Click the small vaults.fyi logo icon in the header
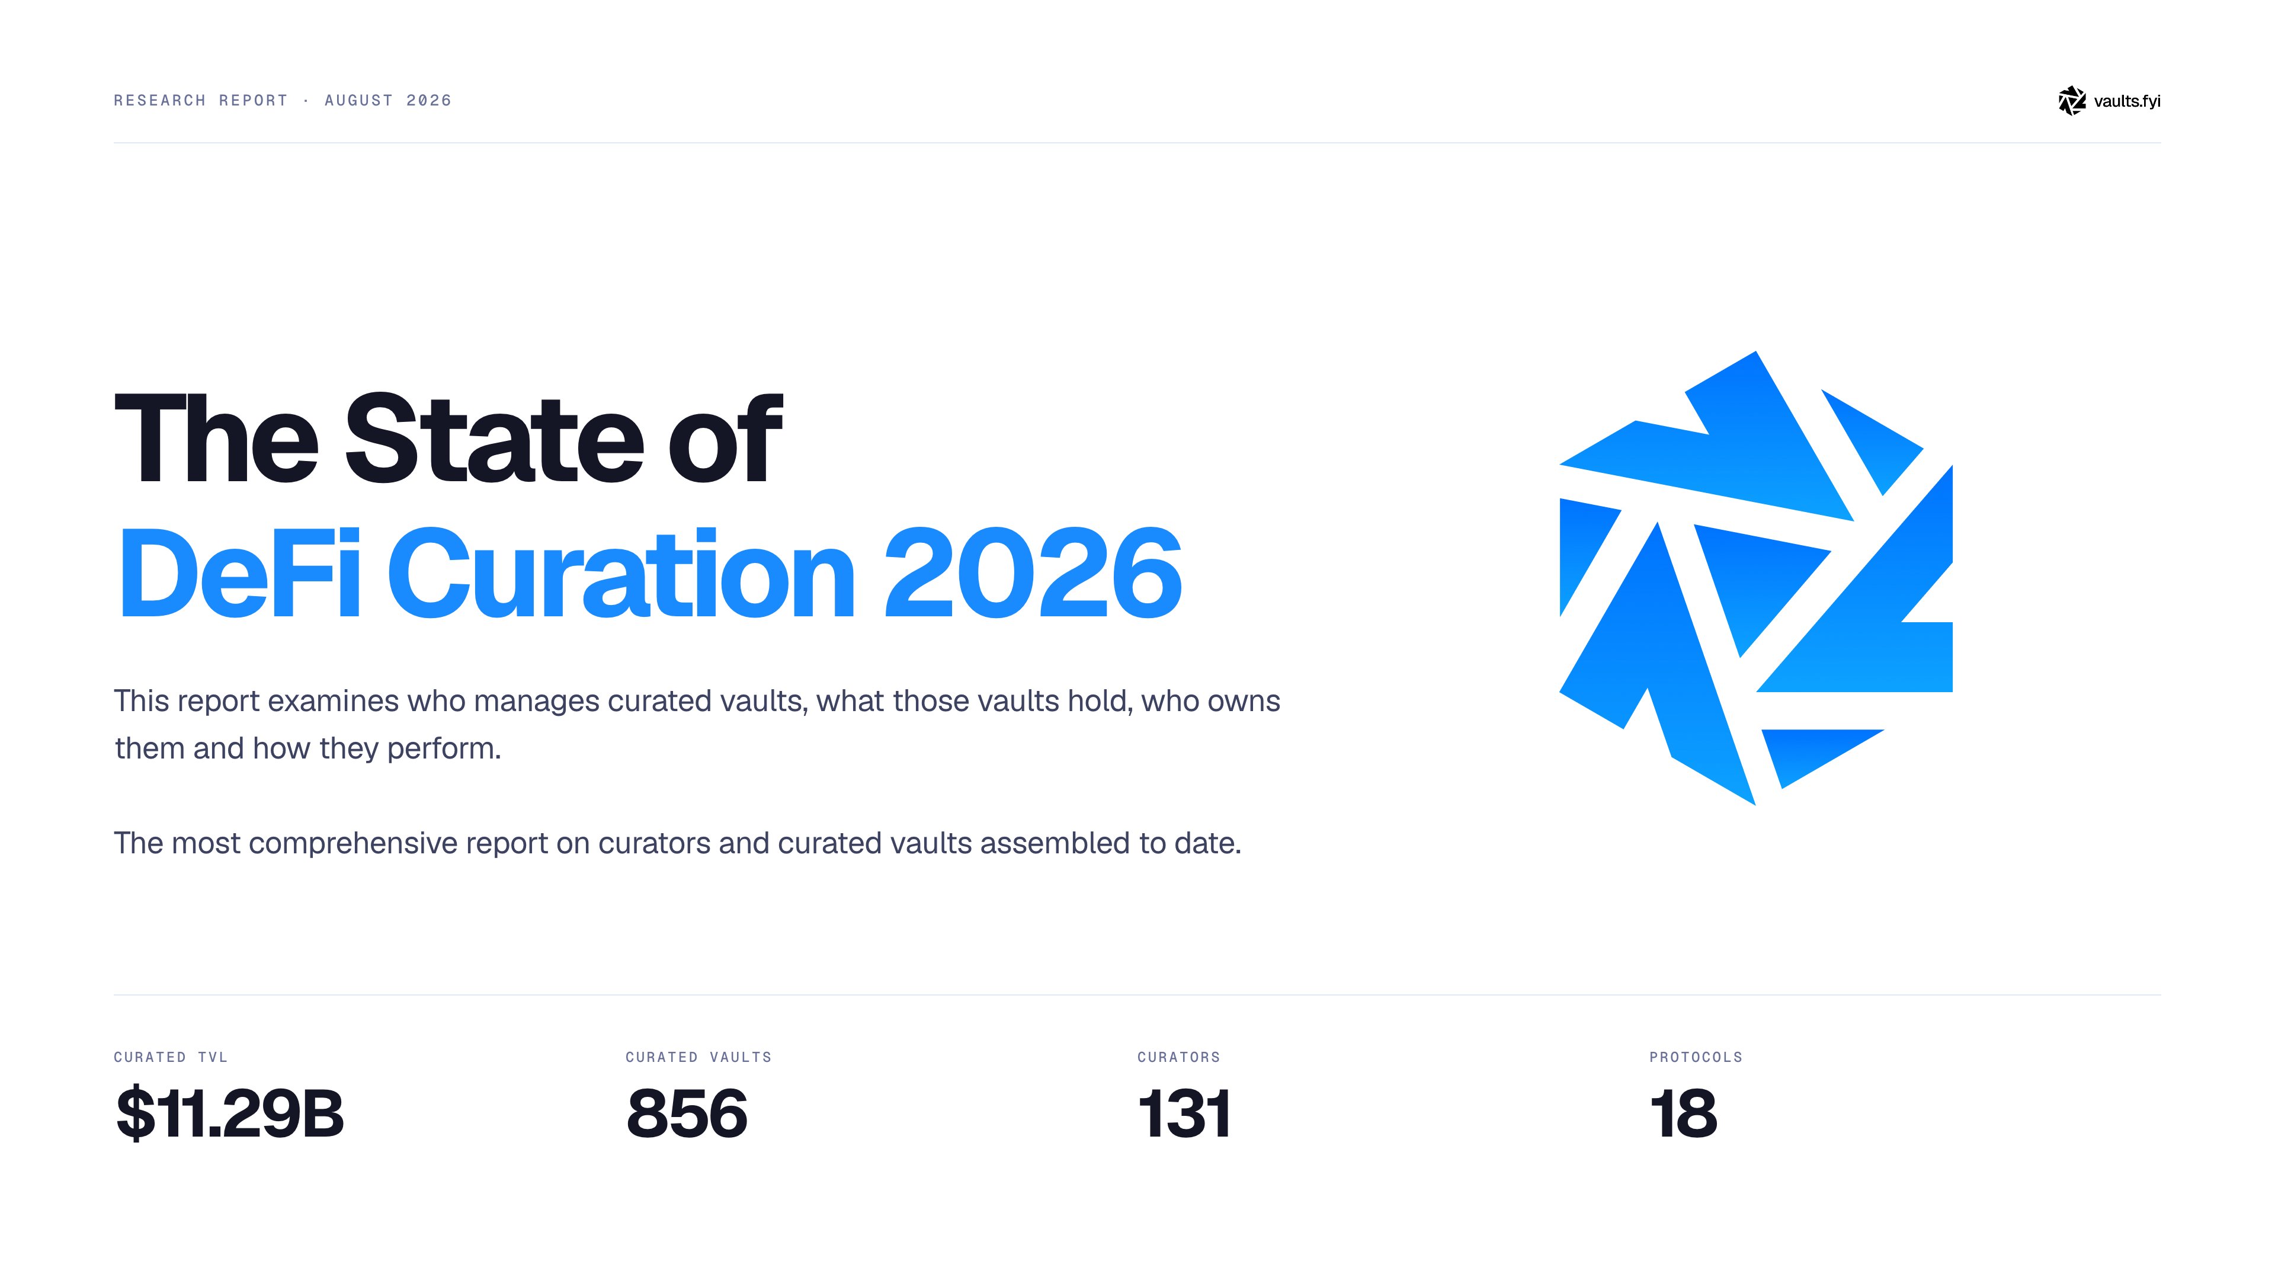(x=2072, y=101)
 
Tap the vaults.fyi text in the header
(x=2127, y=101)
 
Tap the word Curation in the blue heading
(x=621, y=573)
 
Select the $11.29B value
(x=230, y=1113)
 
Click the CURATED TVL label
(x=171, y=1057)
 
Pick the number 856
(x=687, y=1113)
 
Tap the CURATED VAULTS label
(x=698, y=1057)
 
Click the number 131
(x=1184, y=1113)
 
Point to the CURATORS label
(x=1179, y=1057)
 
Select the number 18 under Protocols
(x=1683, y=1113)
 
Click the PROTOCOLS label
(x=1696, y=1057)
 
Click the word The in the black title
(x=216, y=439)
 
